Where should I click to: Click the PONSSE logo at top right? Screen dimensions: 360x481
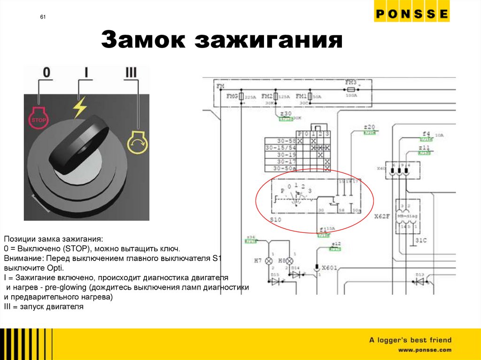click(x=411, y=15)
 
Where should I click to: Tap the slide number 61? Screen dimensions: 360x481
click(x=43, y=17)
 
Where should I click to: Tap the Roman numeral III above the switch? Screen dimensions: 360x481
click(x=131, y=73)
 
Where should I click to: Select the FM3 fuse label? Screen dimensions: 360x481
click(x=351, y=82)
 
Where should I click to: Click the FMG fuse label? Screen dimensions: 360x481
click(x=232, y=96)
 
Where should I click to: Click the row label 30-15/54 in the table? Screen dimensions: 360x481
click(x=280, y=147)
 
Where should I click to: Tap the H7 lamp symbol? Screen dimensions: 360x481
click(x=270, y=261)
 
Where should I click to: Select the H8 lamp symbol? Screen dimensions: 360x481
click(x=290, y=261)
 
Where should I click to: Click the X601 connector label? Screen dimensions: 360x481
click(x=329, y=268)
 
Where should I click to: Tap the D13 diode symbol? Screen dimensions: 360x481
click(x=419, y=282)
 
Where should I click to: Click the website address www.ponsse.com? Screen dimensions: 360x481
click(x=425, y=350)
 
